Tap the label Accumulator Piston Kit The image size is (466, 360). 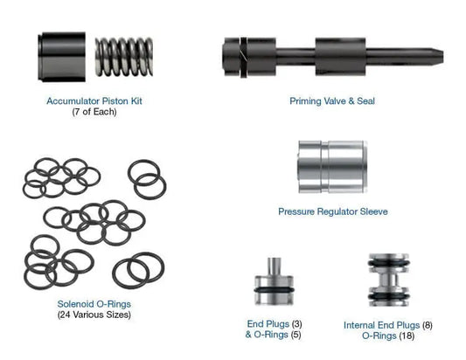click(94, 101)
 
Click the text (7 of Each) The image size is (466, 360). click(94, 113)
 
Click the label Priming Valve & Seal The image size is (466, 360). click(332, 101)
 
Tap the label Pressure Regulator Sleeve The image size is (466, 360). click(332, 211)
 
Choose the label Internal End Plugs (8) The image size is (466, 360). click(387, 324)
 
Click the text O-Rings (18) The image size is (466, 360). click(387, 336)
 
